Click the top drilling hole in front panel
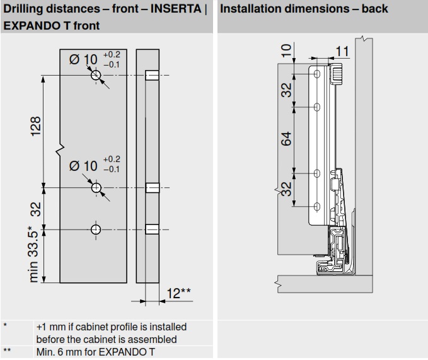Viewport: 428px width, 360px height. coord(96,76)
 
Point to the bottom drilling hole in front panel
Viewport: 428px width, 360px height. coord(96,228)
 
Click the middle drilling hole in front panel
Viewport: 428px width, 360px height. coord(96,187)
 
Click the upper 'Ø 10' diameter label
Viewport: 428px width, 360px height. coord(83,59)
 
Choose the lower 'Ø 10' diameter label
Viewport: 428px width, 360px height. coord(83,166)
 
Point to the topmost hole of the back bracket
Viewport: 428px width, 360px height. coord(317,75)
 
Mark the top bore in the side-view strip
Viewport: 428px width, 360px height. coord(151,76)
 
